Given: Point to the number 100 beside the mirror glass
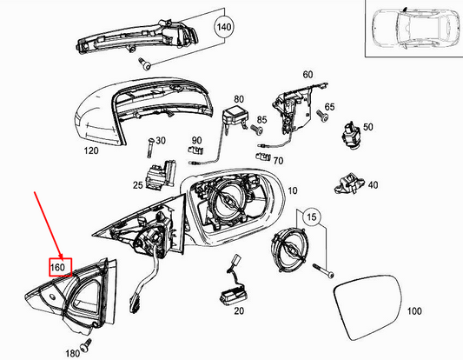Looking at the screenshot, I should (413, 310).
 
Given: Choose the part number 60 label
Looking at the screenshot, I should (307, 74).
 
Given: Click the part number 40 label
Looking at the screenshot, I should (373, 184).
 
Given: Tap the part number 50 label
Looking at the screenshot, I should (367, 127).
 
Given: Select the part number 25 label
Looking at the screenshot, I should (138, 186).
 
